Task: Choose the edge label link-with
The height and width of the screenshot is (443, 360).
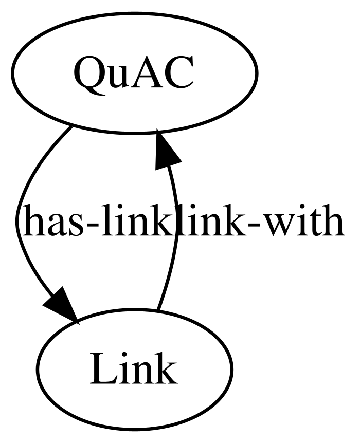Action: (259, 222)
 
